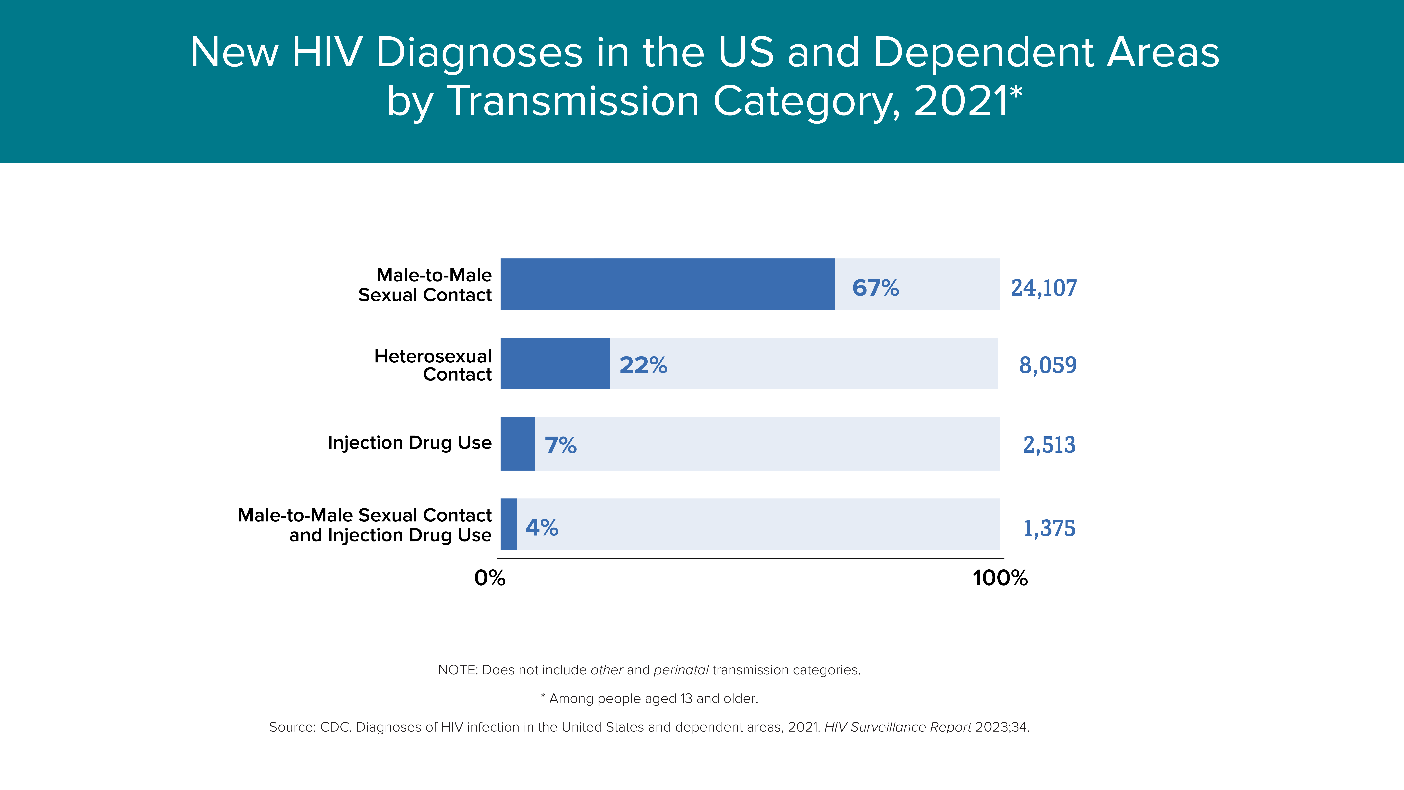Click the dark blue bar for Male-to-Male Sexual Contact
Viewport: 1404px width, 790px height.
[x=668, y=284]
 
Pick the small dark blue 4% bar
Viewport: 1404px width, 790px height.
[x=509, y=524]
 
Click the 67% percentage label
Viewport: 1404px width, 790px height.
[x=875, y=288]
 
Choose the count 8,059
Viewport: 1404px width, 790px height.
[x=1048, y=365]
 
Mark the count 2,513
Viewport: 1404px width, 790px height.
[x=1049, y=445]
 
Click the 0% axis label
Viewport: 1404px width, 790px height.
[x=489, y=578]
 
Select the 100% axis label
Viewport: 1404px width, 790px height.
[x=1000, y=578]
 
